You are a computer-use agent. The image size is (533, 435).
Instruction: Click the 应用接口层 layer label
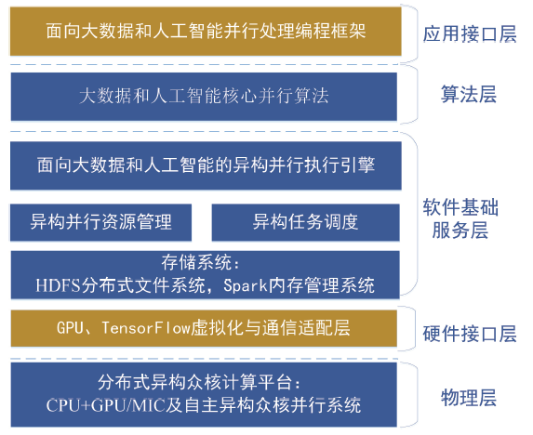pyautogui.click(x=470, y=34)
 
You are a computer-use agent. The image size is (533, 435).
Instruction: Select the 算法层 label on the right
pyautogui.click(x=469, y=94)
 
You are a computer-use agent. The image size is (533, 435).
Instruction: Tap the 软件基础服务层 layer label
pyautogui.click(x=460, y=218)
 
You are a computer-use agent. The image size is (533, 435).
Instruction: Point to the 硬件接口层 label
pyautogui.click(x=470, y=334)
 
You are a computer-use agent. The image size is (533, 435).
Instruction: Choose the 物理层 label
pyautogui.click(x=469, y=398)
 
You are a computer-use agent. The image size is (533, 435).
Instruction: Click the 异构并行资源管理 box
pyautogui.click(x=101, y=222)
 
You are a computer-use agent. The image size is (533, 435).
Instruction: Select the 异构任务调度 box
pyautogui.click(x=306, y=222)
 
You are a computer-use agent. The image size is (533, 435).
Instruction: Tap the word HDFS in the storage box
pyautogui.click(x=58, y=285)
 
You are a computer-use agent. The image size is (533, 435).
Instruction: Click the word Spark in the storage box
pyautogui.click(x=245, y=285)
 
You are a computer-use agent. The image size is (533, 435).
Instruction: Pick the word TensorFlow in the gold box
pyautogui.click(x=146, y=328)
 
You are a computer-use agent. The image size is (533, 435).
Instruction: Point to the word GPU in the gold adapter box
pyautogui.click(x=70, y=328)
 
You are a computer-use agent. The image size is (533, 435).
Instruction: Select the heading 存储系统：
pyautogui.click(x=201, y=262)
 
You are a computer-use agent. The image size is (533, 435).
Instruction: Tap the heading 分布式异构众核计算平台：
pyautogui.click(x=200, y=382)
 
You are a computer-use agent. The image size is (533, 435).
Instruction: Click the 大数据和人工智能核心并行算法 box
pyautogui.click(x=204, y=97)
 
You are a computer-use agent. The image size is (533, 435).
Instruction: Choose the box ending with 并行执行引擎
pyautogui.click(x=206, y=165)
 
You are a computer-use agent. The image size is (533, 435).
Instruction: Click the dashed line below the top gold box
pyautogui.click(x=204, y=64)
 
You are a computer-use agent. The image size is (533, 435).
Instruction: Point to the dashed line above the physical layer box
pyautogui.click(x=204, y=359)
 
